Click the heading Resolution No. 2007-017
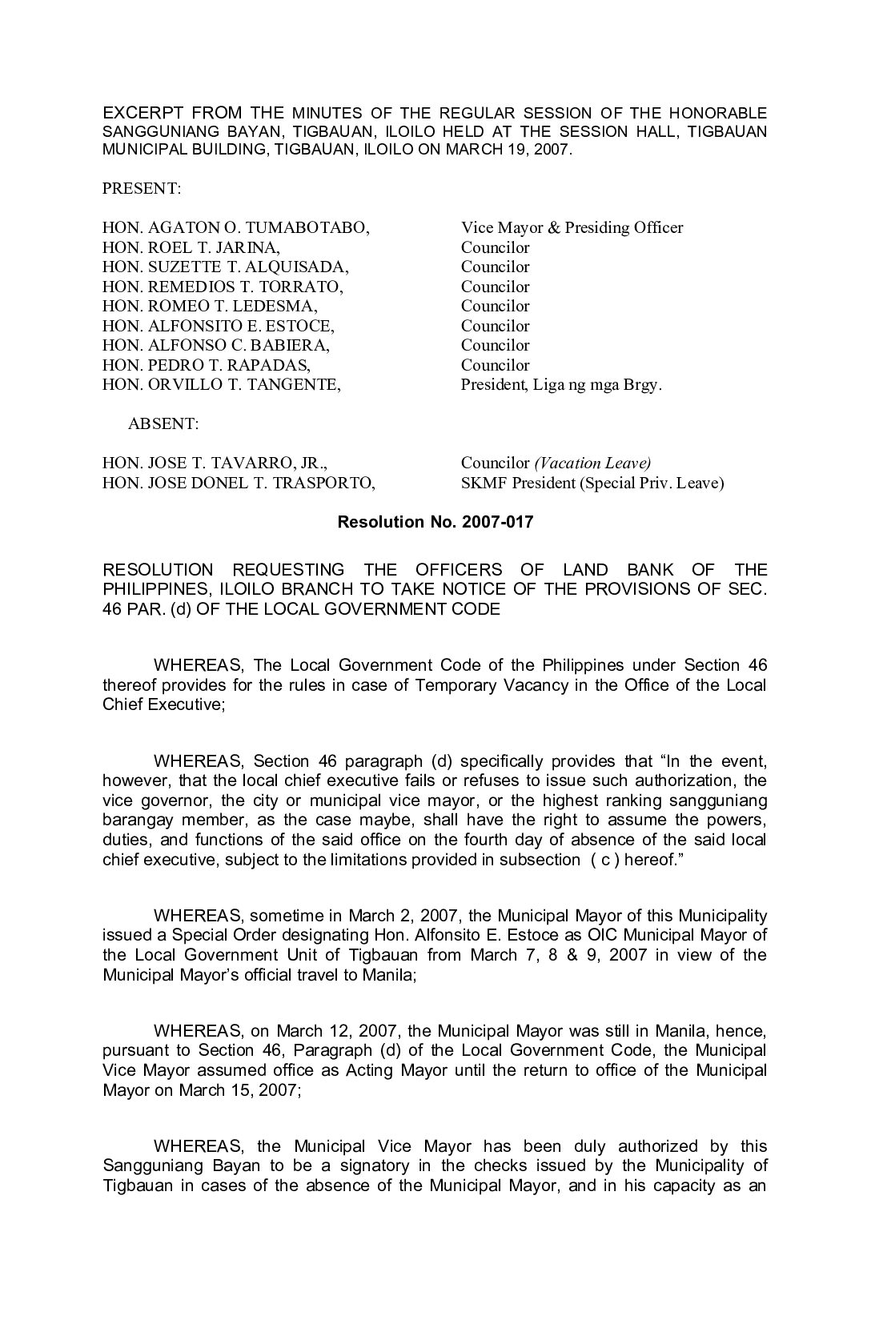click(435, 522)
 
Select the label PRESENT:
click(142, 189)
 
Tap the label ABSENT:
click(163, 423)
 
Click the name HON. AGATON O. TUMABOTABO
click(235, 228)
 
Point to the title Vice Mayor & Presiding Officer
click(572, 228)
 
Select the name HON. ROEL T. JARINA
click(191, 247)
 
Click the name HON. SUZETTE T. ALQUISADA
click(225, 267)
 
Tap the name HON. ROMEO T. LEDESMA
click(210, 306)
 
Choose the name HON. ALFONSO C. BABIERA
click(216, 345)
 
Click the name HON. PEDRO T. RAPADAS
click(207, 365)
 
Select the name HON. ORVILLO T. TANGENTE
click(221, 384)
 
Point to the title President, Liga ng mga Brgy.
click(561, 384)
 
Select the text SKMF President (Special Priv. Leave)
click(592, 483)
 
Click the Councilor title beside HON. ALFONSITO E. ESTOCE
click(495, 326)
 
